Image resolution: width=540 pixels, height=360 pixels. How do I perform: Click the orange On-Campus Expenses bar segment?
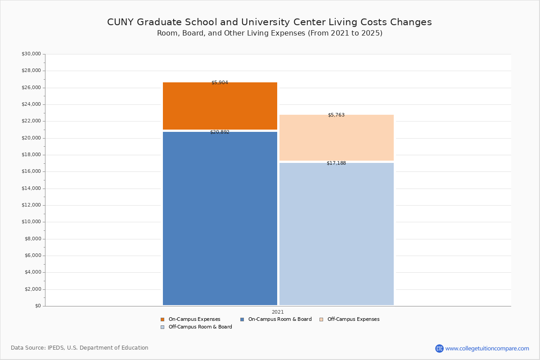(x=220, y=106)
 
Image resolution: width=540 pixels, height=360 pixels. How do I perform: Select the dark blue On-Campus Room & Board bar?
(x=220, y=218)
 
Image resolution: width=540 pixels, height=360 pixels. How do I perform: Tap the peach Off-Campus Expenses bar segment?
(x=336, y=138)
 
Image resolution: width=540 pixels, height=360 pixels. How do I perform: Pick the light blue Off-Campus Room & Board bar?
(x=336, y=234)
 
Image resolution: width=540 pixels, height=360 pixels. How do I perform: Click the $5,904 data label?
(x=220, y=83)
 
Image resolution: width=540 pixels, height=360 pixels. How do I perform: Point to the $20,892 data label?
(x=220, y=132)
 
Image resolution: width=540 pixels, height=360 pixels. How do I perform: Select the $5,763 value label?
(x=336, y=115)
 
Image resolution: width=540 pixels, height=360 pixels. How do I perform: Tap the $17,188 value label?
(x=336, y=163)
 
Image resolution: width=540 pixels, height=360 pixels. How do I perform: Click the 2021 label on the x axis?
(x=278, y=312)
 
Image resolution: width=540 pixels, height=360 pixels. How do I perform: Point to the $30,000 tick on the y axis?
(x=31, y=54)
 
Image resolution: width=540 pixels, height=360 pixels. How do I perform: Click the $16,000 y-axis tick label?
(x=31, y=171)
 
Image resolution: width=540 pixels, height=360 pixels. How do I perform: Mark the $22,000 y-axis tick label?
(x=31, y=121)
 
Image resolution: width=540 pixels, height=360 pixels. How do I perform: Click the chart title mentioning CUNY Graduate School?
(x=269, y=22)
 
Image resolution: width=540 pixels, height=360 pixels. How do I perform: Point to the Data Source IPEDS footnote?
(x=80, y=348)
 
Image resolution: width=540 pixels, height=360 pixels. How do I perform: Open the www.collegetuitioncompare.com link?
(x=487, y=348)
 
